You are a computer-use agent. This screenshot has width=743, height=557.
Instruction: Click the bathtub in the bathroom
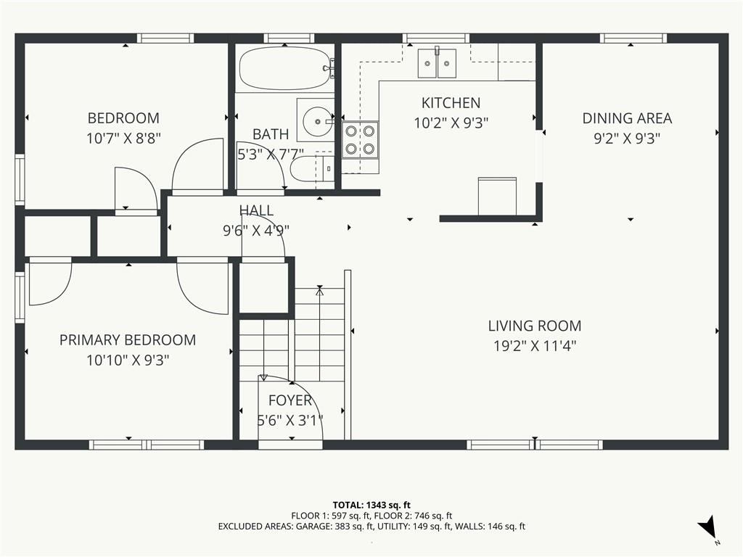pyautogui.click(x=284, y=69)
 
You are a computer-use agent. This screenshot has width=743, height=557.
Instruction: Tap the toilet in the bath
pyautogui.click(x=311, y=170)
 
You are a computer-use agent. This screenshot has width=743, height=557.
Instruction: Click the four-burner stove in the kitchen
pyautogui.click(x=360, y=140)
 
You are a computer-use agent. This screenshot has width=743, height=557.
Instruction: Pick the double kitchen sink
pyautogui.click(x=437, y=63)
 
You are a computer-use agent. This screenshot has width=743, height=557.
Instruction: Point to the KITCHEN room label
pyautogui.click(x=451, y=103)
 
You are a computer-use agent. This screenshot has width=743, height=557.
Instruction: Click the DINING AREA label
pyautogui.click(x=627, y=118)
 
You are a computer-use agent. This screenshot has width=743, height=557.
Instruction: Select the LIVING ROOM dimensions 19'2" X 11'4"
pyautogui.click(x=535, y=346)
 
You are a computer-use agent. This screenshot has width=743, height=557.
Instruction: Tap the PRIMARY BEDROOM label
pyautogui.click(x=128, y=340)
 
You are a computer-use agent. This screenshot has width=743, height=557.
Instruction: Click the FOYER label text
pyautogui.click(x=290, y=400)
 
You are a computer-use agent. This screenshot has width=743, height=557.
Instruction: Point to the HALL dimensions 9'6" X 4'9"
pyautogui.click(x=256, y=231)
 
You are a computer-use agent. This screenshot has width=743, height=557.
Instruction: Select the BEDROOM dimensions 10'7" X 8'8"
pyautogui.click(x=123, y=139)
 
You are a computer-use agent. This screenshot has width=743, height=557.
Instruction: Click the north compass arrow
pyautogui.click(x=707, y=526)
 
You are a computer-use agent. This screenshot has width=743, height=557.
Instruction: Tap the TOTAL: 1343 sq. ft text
pyautogui.click(x=371, y=505)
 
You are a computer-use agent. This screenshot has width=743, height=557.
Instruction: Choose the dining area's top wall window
pyautogui.click(x=633, y=38)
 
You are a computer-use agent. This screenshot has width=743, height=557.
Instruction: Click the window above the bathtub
pyautogui.click(x=289, y=38)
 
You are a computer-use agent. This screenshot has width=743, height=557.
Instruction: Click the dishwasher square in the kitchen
pyautogui.click(x=497, y=196)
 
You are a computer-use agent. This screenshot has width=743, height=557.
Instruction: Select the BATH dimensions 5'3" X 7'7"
pyautogui.click(x=270, y=154)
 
